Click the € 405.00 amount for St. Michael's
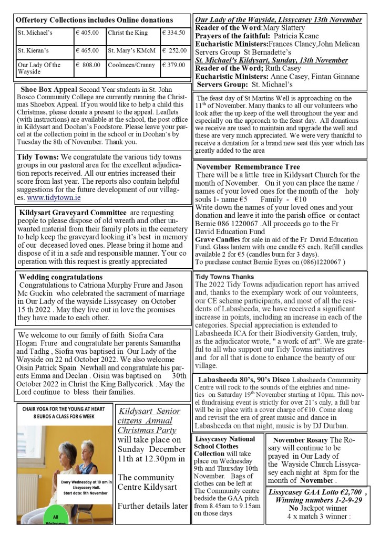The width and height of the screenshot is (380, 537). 88,33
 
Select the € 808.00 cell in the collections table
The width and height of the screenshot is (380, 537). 88,65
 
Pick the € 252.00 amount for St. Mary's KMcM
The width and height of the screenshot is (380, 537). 174,51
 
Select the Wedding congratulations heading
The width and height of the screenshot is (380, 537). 61,277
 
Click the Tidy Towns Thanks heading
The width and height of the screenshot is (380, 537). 224,276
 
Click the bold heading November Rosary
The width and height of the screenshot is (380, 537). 299,439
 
